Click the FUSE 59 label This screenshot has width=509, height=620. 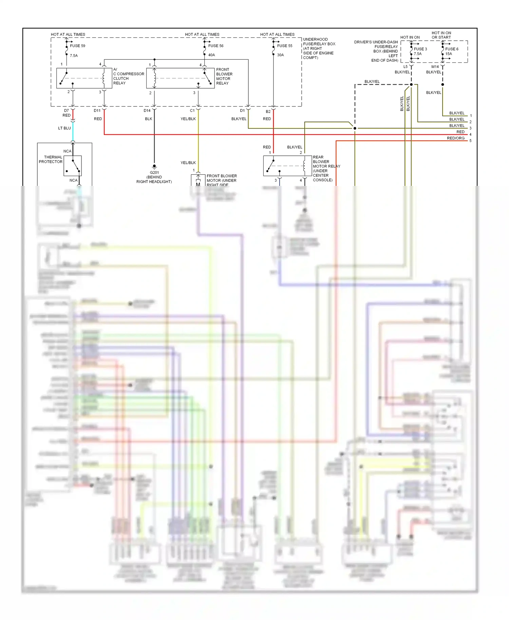tap(77, 46)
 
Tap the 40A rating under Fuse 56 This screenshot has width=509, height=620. tap(211, 55)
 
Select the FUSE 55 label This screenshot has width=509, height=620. tap(284, 46)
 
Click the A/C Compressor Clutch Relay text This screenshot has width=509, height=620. tap(129, 76)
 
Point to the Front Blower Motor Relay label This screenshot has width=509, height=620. tap(224, 76)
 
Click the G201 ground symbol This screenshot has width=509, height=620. tap(154, 167)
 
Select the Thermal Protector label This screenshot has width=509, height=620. tap(51, 159)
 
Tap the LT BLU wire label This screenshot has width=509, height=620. tap(64, 128)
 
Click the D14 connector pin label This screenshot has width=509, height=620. tap(147, 111)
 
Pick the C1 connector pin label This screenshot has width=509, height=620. tap(192, 111)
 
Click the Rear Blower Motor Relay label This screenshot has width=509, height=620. tap(326, 169)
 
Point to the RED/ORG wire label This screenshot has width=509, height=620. tap(455, 138)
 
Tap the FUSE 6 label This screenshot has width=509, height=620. tap(452, 49)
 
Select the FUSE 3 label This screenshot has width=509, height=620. tap(420, 49)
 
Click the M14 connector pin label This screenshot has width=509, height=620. tap(435, 67)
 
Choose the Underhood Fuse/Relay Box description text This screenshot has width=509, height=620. tap(319, 49)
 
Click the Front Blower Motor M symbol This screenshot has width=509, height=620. tap(198, 184)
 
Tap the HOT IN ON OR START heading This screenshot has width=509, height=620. tap(441, 35)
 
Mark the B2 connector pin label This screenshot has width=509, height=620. tap(268, 112)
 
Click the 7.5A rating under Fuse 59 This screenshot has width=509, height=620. tap(74, 56)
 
